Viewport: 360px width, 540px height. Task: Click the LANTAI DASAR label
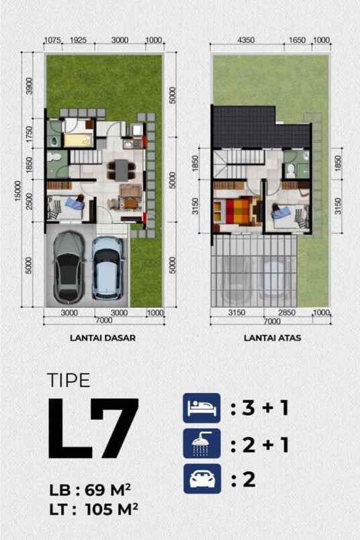click(x=103, y=338)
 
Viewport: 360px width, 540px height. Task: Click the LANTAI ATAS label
click(x=273, y=338)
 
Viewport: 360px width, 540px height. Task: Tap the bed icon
click(x=201, y=408)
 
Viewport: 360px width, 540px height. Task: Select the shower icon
click(x=201, y=443)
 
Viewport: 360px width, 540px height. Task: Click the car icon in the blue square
click(x=202, y=479)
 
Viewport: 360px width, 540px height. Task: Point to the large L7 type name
click(x=93, y=428)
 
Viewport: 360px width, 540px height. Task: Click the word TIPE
click(x=69, y=380)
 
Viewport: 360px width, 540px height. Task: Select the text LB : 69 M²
click(x=90, y=490)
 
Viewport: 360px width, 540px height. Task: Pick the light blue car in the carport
click(x=107, y=267)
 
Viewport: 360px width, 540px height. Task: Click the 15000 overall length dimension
click(x=18, y=191)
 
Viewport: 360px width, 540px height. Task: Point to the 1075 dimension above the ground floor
click(x=52, y=40)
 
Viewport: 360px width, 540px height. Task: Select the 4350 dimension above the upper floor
click(x=246, y=40)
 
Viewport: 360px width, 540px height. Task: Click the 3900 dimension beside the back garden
click(x=30, y=86)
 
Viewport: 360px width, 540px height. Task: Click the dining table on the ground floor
click(x=122, y=170)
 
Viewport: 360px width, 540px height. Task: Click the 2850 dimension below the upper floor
click(x=287, y=312)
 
